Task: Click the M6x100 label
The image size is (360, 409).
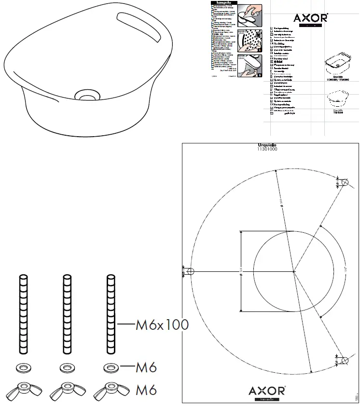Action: point(162,325)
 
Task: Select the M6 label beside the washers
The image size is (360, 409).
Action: point(146,368)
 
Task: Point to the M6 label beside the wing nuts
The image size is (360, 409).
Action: point(146,389)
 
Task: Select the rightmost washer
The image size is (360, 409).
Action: point(111,368)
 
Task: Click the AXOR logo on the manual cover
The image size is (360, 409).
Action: point(311,18)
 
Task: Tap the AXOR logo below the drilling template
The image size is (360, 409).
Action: point(267,390)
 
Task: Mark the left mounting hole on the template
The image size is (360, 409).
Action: point(190,271)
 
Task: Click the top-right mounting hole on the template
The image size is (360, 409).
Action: point(345,183)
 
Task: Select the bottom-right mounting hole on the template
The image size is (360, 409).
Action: point(345,360)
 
